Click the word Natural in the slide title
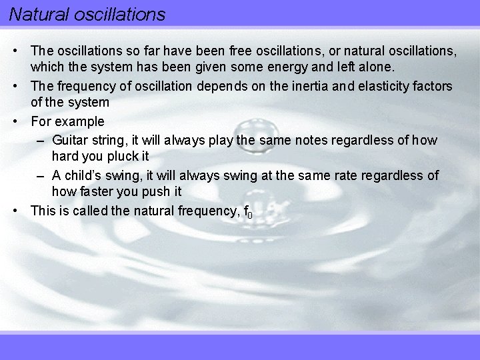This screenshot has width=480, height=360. (33, 13)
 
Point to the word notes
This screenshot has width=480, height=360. (297, 140)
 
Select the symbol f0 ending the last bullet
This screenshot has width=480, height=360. (248, 212)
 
